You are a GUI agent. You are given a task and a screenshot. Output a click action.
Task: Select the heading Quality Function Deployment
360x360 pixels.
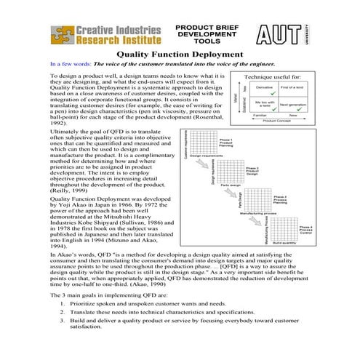(x=180, y=55)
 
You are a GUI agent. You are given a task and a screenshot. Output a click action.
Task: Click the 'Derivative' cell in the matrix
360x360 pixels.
(x=264, y=88)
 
